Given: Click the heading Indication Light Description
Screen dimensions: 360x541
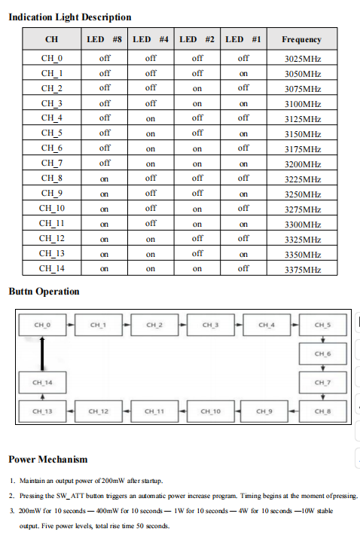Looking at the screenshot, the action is tap(69, 17).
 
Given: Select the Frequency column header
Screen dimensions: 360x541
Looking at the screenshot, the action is tap(301, 39).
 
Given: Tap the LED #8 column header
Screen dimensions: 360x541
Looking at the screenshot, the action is tap(105, 39).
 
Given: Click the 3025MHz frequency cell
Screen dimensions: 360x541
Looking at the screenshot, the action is tap(302, 58).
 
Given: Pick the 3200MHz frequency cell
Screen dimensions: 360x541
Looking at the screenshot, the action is tap(302, 164).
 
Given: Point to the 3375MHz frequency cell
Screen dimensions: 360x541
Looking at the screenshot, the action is tap(302, 269).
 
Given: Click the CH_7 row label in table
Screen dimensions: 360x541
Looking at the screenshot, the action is tap(51, 163).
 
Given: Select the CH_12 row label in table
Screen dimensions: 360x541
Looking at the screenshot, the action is tap(51, 238).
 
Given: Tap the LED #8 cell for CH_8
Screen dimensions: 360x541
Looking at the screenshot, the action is tap(105, 179).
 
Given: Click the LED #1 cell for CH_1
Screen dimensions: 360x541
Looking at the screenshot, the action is tap(243, 73).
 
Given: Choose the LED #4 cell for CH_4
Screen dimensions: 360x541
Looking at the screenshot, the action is tap(151, 118).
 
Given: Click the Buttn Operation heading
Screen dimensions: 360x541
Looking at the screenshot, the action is tap(44, 291).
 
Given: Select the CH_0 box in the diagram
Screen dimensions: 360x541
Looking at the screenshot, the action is tap(43, 326).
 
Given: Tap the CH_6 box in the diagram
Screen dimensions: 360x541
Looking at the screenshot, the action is tap(322, 353).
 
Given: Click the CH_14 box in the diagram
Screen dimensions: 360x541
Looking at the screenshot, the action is tap(43, 383).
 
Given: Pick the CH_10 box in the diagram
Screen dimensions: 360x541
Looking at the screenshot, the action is tap(210, 411).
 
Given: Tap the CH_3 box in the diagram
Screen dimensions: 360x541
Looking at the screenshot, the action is tap(210, 326).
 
